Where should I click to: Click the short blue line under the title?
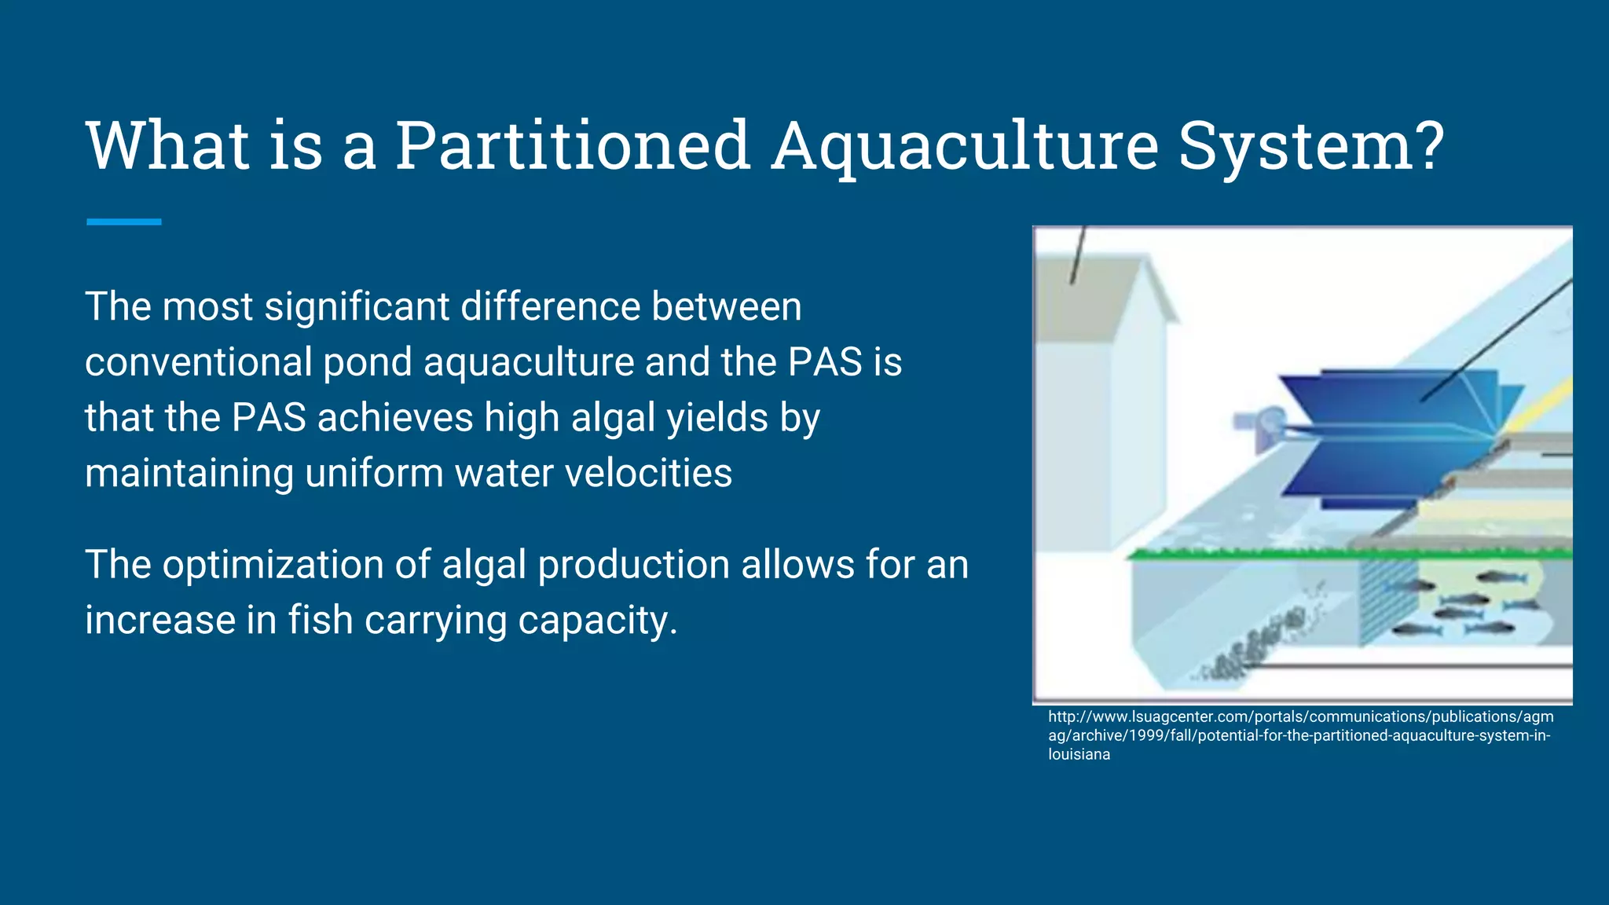click(x=123, y=222)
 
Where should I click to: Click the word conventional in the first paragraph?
click(x=198, y=362)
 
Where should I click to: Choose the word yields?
click(x=717, y=418)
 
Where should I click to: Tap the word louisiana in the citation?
click(x=1079, y=755)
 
